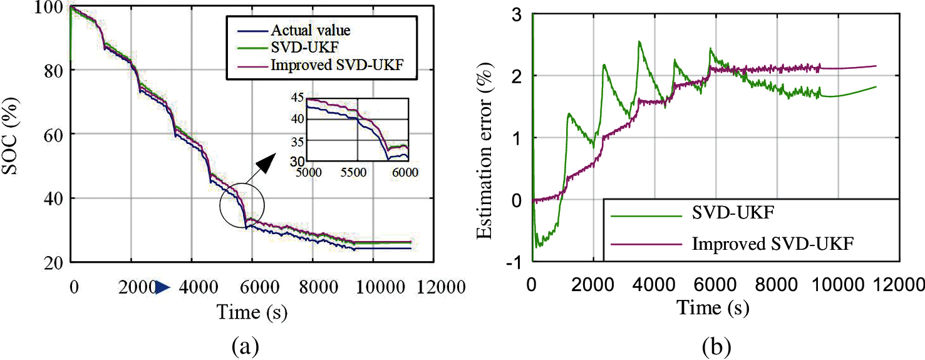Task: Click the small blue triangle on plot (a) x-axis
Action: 163,287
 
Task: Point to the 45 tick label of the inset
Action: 296,97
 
